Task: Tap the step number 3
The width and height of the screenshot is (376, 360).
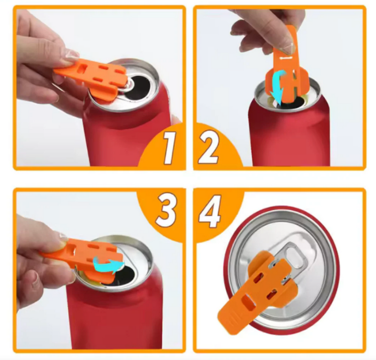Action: point(166,210)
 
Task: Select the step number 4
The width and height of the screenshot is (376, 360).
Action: point(210,211)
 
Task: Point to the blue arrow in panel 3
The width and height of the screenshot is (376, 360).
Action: point(108,264)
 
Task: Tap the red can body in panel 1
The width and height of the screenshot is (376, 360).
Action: point(127,134)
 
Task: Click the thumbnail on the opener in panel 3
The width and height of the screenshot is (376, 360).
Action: point(63,238)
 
